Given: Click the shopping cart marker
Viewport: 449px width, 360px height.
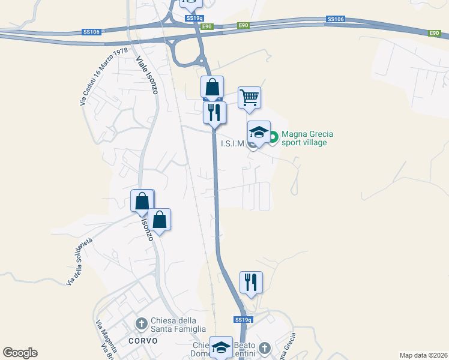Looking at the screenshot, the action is pyautogui.click(x=249, y=97).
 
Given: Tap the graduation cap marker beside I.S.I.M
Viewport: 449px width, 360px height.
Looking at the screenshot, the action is pyautogui.click(x=259, y=131).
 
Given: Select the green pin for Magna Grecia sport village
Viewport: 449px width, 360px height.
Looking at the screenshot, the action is pyautogui.click(x=273, y=138).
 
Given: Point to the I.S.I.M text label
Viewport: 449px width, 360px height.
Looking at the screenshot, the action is pyautogui.click(x=233, y=143).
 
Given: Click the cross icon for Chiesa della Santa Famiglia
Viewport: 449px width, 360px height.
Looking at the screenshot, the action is pyautogui.click(x=142, y=325).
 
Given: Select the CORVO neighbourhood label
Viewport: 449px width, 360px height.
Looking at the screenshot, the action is pyautogui.click(x=143, y=341).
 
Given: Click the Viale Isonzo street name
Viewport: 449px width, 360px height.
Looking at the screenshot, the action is pyautogui.click(x=146, y=76).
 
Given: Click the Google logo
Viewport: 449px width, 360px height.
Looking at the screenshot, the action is pyautogui.click(x=20, y=353).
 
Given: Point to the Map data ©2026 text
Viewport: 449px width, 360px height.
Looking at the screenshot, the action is pyautogui.click(x=423, y=355).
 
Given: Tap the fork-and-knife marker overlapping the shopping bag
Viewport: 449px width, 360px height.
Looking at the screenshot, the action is pyautogui.click(x=214, y=112).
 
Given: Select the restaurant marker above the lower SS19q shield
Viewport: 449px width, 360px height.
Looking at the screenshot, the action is pyautogui.click(x=251, y=282).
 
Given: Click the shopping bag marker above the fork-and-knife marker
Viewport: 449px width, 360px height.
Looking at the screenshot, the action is pyautogui.click(x=212, y=87).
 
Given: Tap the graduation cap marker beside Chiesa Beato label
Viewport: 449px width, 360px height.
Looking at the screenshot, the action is pyautogui.click(x=221, y=347).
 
